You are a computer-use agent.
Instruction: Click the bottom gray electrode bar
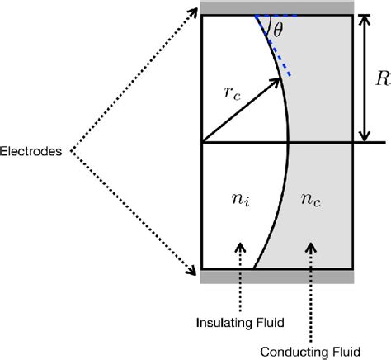[x=278, y=275]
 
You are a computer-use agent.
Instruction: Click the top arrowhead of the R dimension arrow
[x=364, y=19]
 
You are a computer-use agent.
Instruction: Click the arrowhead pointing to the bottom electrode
[x=195, y=267]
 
